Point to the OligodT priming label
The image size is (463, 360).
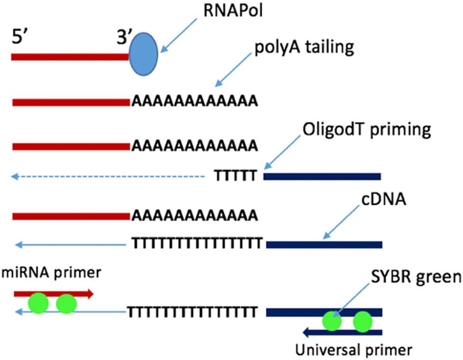click(366, 129)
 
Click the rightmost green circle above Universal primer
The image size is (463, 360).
click(364, 322)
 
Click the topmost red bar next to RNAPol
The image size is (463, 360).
click(70, 57)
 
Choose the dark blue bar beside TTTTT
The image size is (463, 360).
click(322, 177)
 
